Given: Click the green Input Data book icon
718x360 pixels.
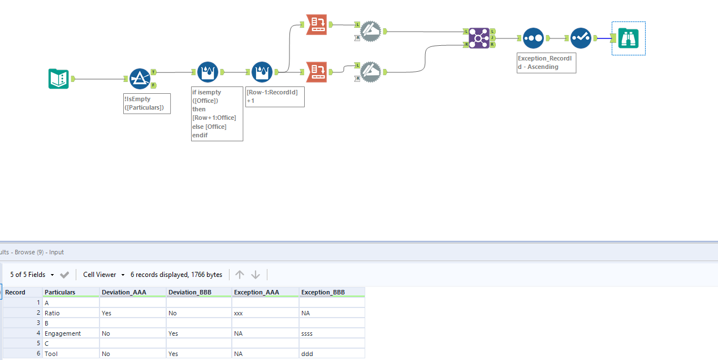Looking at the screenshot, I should click(58, 79).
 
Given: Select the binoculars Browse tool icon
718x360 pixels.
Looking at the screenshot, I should click(628, 38).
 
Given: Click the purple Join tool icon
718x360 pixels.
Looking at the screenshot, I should click(478, 38).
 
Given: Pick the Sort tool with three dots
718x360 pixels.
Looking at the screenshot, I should click(533, 38).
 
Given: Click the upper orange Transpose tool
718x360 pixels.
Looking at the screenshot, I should click(316, 24).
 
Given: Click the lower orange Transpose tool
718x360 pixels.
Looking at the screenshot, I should click(316, 72).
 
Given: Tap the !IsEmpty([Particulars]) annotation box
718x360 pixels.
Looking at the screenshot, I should click(147, 103).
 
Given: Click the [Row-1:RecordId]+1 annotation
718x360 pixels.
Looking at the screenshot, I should click(275, 96).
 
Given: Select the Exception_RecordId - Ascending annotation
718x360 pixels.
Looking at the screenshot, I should click(546, 63).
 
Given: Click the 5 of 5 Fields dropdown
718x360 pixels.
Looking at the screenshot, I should click(32, 275).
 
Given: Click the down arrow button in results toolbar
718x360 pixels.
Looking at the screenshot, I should click(256, 275).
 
